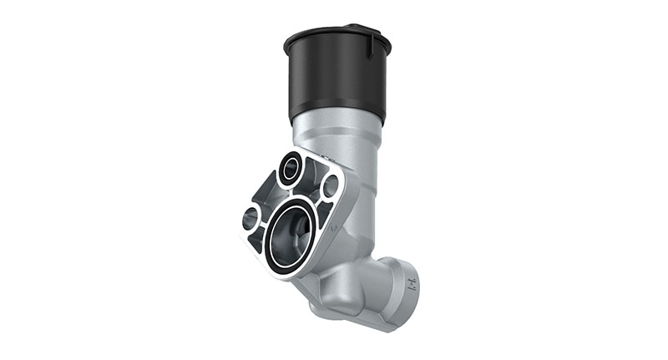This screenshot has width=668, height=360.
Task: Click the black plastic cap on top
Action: pos(334,75)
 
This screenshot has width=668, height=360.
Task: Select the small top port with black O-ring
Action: pos(291,169)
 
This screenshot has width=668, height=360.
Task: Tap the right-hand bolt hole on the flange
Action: pos(331,185)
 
